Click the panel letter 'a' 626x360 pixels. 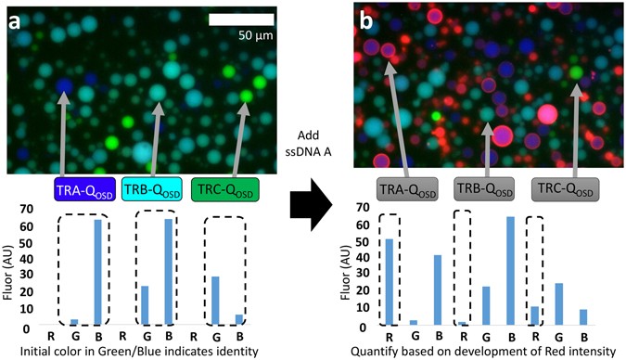point(16,20)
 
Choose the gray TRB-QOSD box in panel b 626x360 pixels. point(485,189)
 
